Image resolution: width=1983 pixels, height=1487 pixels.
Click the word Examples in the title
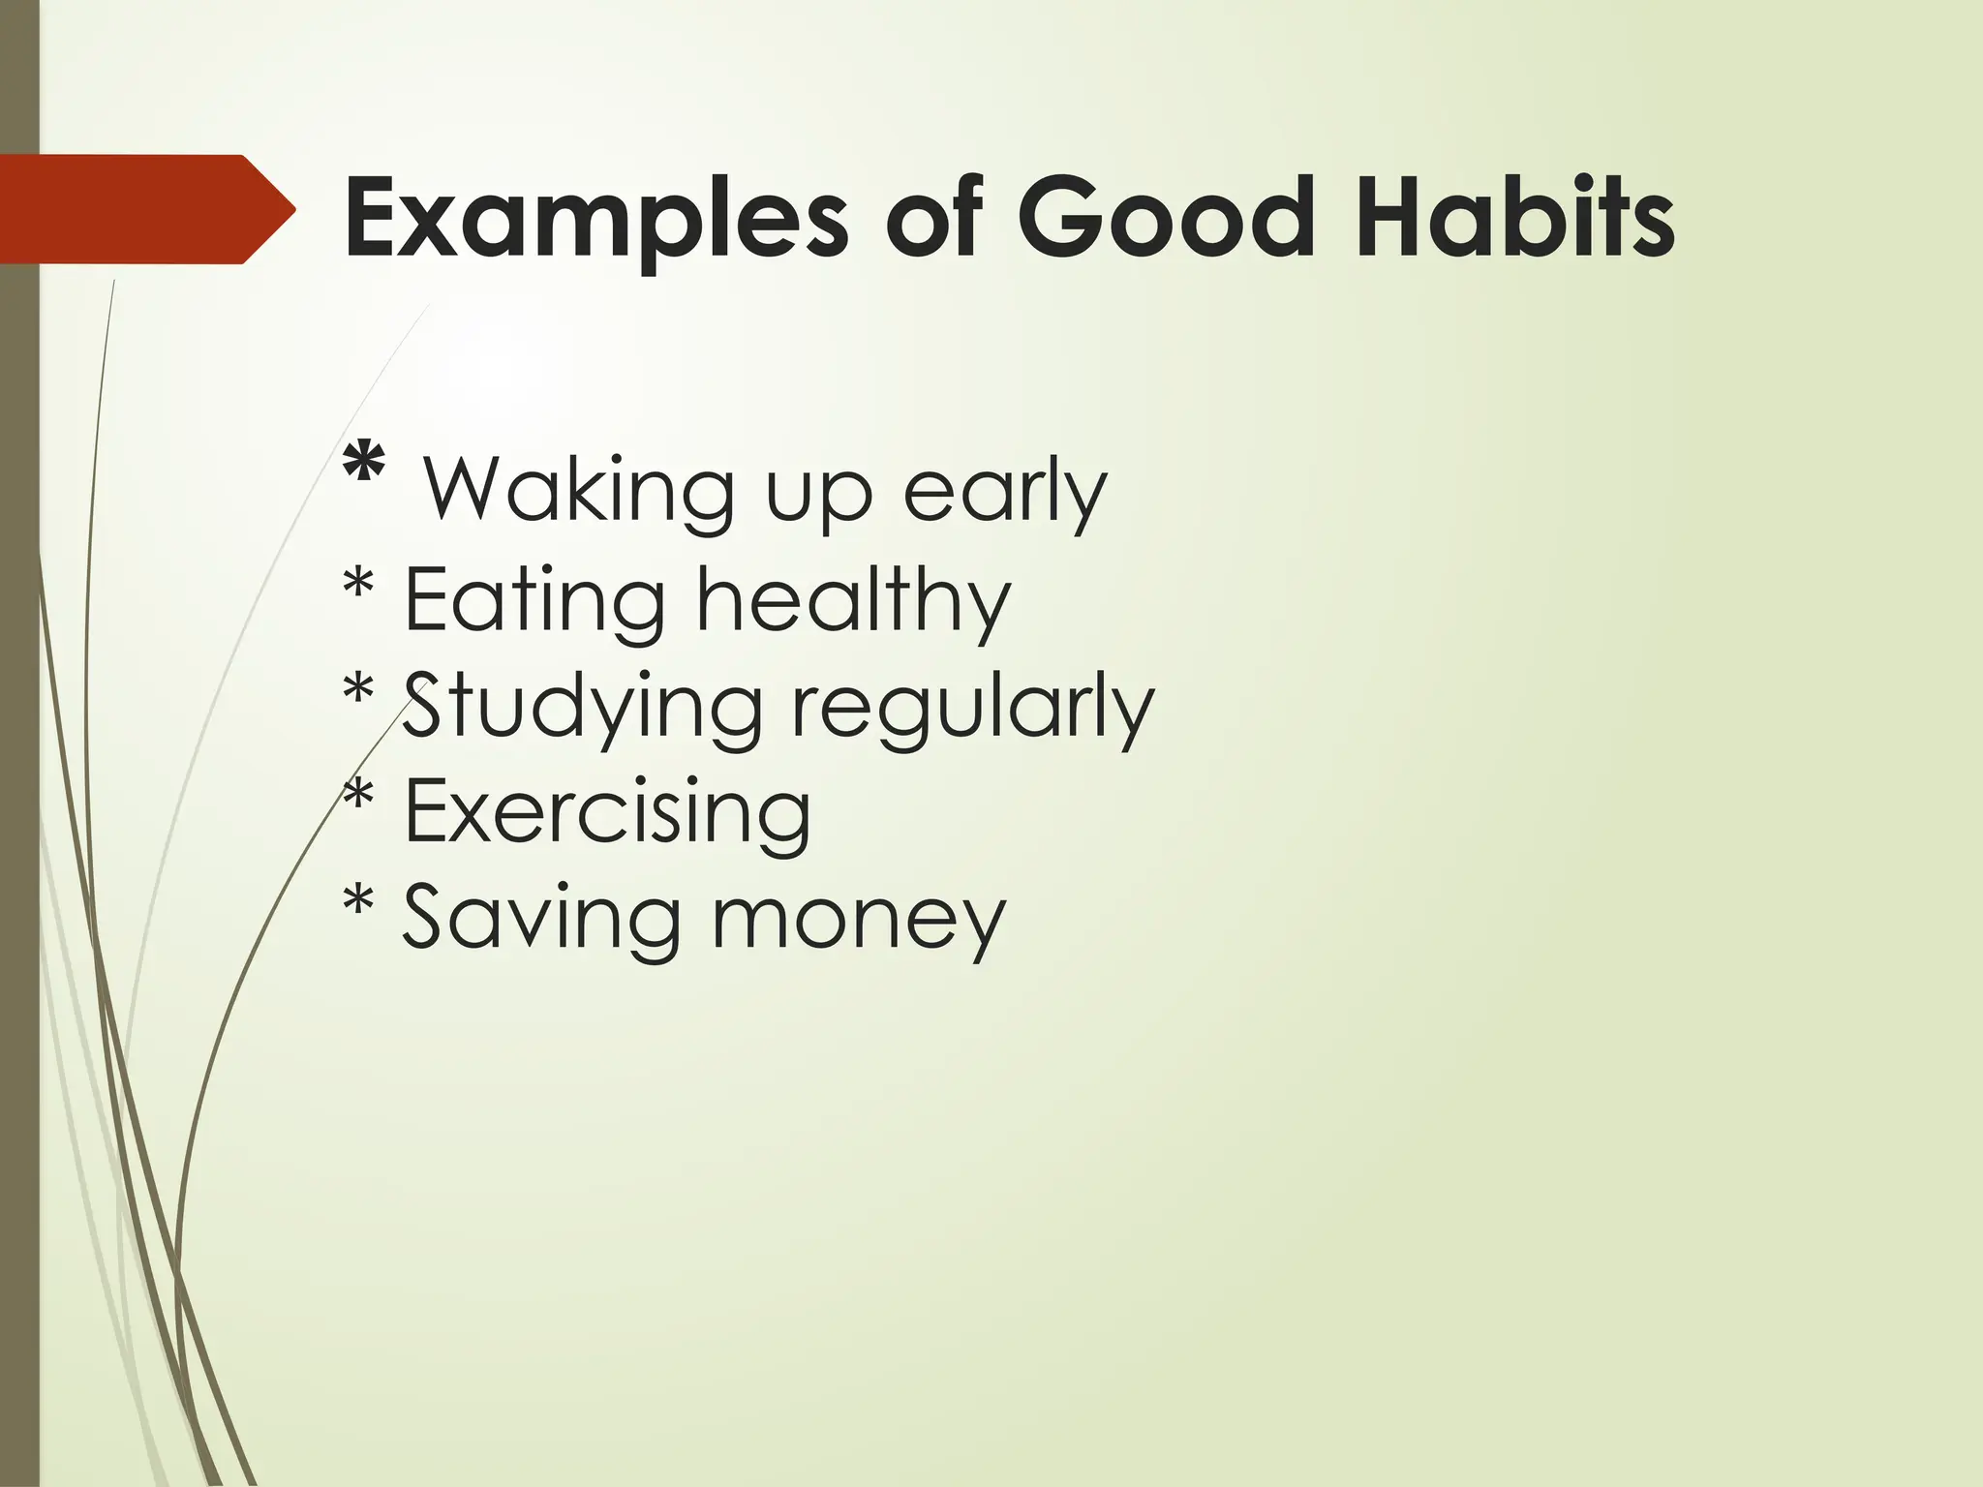coord(595,219)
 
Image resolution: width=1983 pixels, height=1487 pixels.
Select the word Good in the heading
coord(1165,219)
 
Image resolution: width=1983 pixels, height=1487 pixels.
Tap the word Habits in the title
coord(1514,219)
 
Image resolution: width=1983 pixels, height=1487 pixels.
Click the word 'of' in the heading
coord(934,219)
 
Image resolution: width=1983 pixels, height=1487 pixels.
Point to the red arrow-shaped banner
coord(145,209)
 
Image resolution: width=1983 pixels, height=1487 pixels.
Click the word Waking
coord(578,492)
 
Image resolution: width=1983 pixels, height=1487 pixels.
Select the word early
coord(1004,492)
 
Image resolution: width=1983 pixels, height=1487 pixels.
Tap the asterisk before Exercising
coord(358,797)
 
